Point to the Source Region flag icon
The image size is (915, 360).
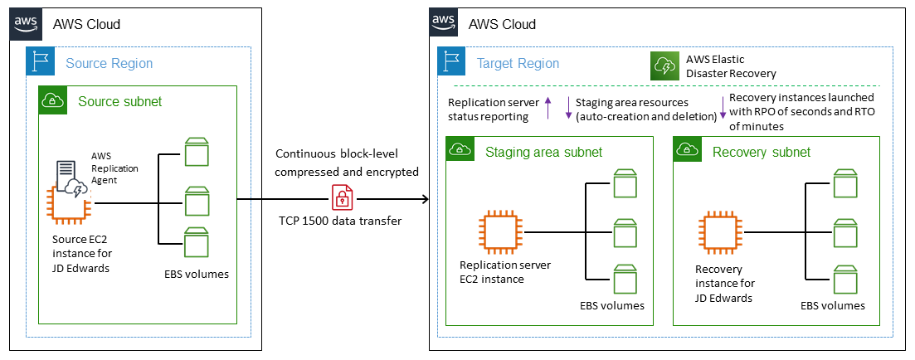(40, 63)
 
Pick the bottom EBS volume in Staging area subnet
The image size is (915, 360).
(625, 276)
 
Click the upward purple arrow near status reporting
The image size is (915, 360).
(548, 107)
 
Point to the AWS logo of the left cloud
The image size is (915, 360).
(27, 22)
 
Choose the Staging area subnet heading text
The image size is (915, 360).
(543, 152)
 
